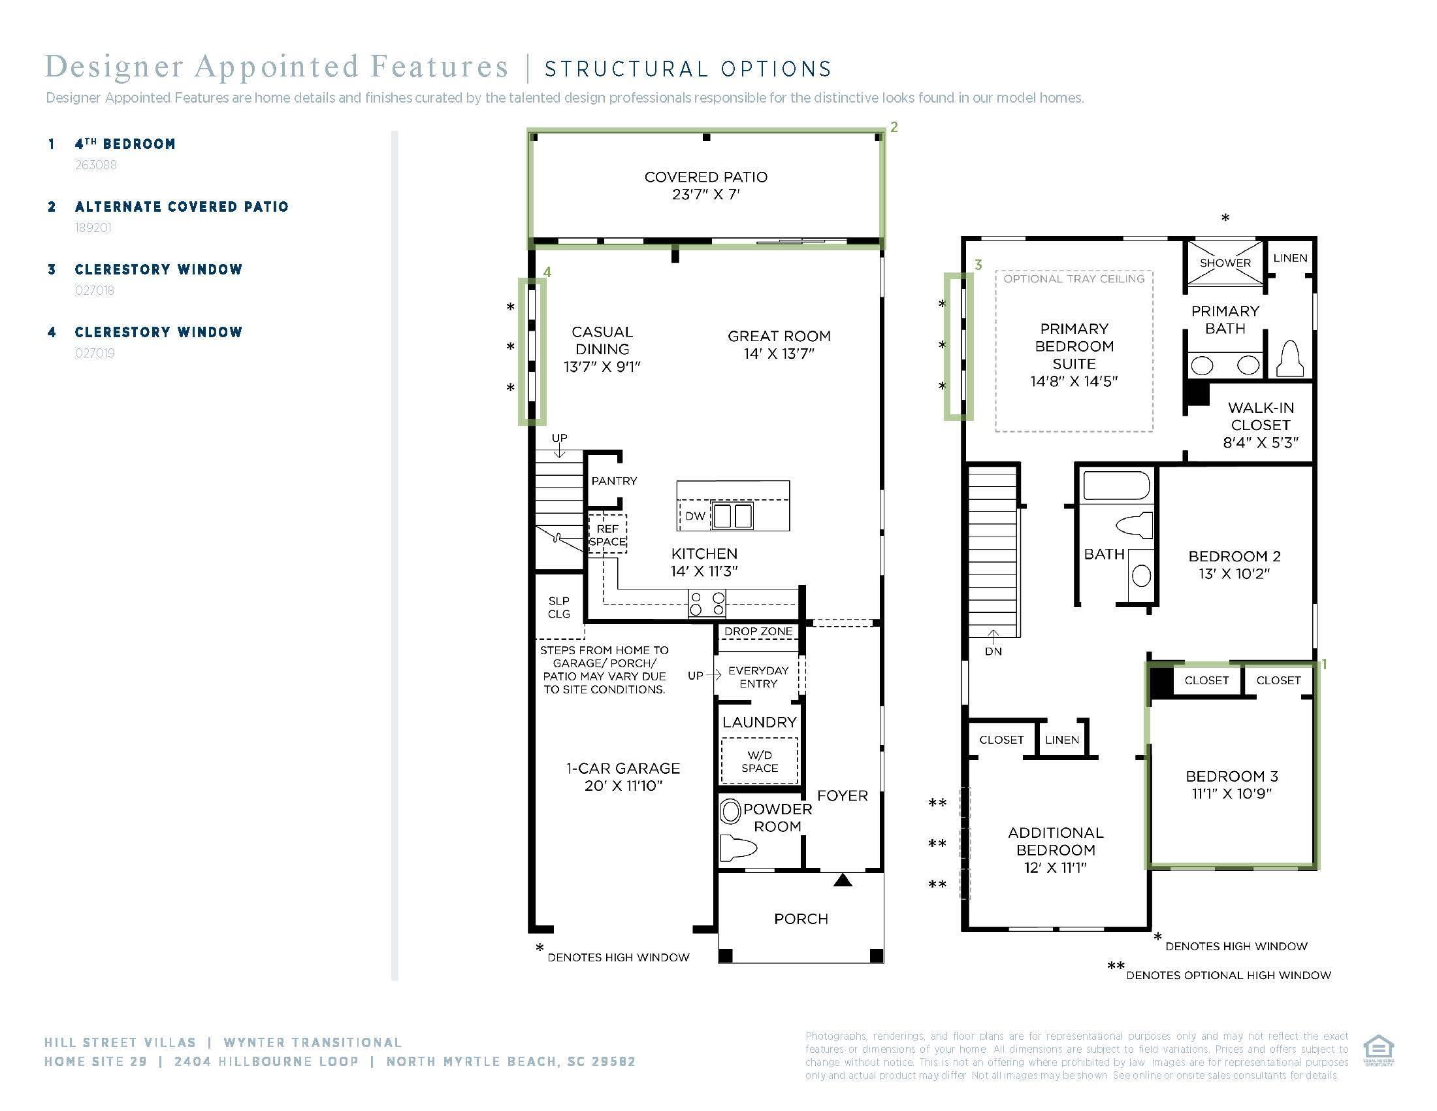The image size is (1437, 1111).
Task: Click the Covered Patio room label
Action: click(705, 177)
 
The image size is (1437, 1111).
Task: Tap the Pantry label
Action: click(614, 481)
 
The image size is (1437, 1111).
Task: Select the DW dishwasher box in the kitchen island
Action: click(695, 517)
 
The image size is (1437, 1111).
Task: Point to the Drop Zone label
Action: click(758, 631)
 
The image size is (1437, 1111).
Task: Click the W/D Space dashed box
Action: click(759, 761)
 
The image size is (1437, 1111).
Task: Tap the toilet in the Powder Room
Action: click(735, 848)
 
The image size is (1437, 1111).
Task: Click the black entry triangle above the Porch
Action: click(843, 880)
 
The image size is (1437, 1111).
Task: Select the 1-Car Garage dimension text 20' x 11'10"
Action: click(623, 786)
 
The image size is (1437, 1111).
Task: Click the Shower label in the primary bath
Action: click(1225, 263)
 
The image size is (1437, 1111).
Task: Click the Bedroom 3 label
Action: click(1231, 776)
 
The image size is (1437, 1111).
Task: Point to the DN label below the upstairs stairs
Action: click(993, 652)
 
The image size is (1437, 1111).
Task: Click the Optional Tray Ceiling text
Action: click(1074, 279)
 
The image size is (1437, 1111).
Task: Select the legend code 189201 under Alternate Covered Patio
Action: click(93, 227)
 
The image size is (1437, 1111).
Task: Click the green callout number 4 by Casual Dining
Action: click(547, 272)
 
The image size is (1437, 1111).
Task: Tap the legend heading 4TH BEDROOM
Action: click(125, 144)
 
